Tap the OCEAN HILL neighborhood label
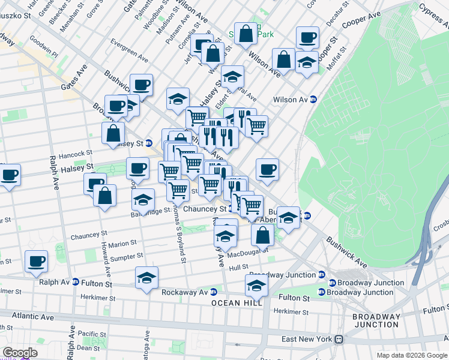(237, 304)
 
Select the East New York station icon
(339, 339)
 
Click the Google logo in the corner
(20, 353)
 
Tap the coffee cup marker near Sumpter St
(36, 261)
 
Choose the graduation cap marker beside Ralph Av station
(146, 278)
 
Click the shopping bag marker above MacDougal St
(262, 234)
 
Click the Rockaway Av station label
(184, 293)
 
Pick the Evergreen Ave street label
(128, 51)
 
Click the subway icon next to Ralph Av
(76, 282)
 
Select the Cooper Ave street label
(362, 21)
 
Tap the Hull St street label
(238, 267)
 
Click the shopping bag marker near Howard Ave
(104, 196)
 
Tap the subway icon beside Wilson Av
(313, 100)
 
